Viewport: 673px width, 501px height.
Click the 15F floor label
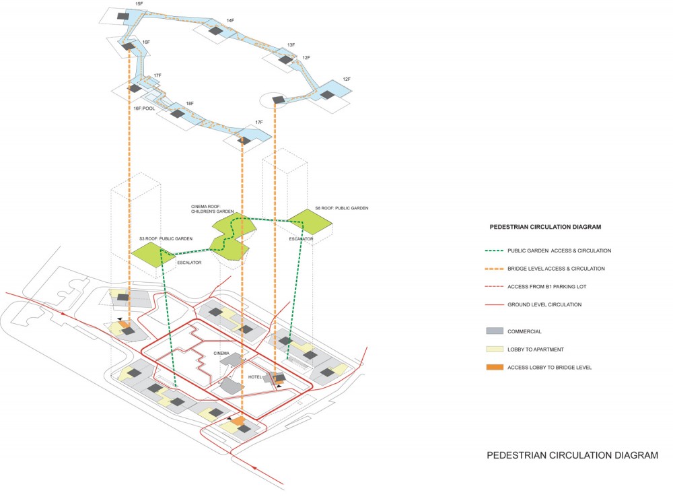point(139,5)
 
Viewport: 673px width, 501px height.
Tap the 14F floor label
point(230,21)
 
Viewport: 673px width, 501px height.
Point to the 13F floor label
point(291,45)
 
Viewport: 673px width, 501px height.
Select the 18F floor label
point(190,104)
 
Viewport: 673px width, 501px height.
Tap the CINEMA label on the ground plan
point(221,354)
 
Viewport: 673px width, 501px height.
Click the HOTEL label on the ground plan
point(254,377)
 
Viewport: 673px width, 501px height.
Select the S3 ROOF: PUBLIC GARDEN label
point(166,238)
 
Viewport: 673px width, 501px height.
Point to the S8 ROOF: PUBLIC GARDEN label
point(342,209)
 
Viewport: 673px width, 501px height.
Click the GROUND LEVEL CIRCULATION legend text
point(544,305)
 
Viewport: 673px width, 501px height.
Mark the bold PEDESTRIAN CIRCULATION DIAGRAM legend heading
point(545,227)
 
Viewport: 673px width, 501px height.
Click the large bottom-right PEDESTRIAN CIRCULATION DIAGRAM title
point(572,456)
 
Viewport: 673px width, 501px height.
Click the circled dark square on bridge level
point(277,100)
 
